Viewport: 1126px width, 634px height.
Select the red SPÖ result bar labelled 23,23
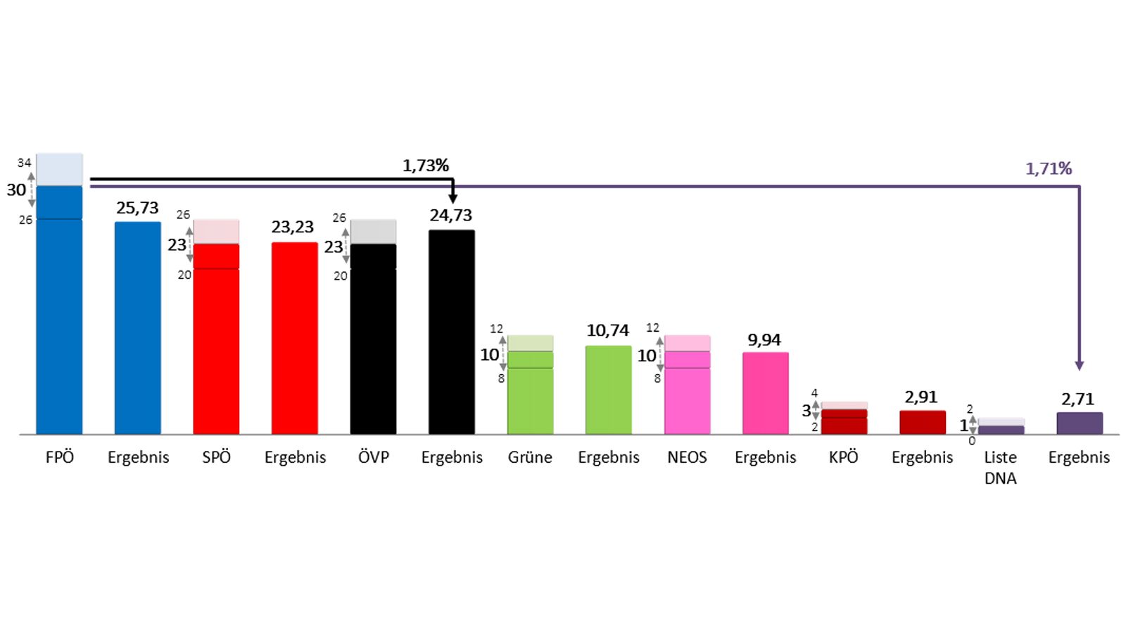click(x=295, y=338)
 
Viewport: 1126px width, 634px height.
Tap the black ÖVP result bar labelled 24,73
click(x=452, y=332)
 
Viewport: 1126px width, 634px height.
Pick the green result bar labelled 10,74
click(x=609, y=390)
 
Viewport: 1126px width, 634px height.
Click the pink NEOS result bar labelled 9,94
click(x=766, y=393)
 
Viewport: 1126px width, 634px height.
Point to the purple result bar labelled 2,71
click(x=1080, y=423)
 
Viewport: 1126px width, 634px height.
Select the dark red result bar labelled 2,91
click(x=923, y=423)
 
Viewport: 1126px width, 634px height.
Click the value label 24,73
click(x=451, y=216)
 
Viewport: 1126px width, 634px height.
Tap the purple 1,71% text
click(x=1049, y=169)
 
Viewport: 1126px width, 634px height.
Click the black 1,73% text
click(x=426, y=166)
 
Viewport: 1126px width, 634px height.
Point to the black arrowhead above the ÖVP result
click(x=453, y=200)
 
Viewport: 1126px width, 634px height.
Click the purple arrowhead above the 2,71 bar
click(x=1080, y=366)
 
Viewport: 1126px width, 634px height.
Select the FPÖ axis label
click(x=60, y=457)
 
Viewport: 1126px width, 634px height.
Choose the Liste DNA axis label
click(x=1001, y=468)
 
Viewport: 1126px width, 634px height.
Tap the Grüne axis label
click(x=530, y=457)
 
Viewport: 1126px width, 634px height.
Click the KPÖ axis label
click(x=844, y=457)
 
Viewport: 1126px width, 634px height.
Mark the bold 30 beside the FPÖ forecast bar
click(x=16, y=190)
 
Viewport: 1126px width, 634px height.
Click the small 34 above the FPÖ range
click(x=25, y=163)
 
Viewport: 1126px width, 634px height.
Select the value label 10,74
click(x=608, y=330)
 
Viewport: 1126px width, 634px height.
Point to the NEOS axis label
click(x=687, y=457)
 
